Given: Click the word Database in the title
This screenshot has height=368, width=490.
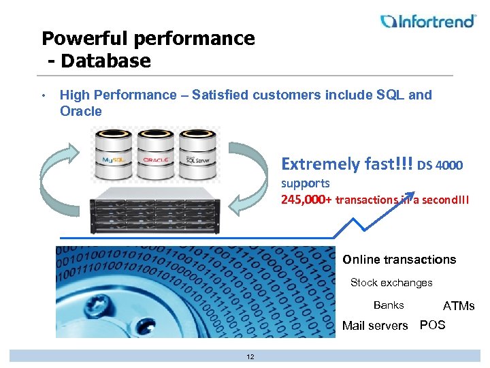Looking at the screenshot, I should coord(105,61).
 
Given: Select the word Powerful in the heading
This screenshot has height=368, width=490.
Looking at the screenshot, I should coord(83,38).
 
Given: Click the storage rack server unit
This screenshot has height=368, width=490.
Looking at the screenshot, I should coord(157,211).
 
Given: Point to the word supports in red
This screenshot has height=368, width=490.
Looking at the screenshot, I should coord(305,183).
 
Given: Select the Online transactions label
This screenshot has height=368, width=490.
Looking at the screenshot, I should coord(399,260).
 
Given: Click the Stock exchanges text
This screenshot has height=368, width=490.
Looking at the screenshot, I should coord(391,282).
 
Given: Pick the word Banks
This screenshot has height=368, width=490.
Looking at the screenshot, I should coord(389,305).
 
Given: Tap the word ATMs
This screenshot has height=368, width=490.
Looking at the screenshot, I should coord(459,306).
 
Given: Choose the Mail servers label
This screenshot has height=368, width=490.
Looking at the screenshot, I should coord(375,326).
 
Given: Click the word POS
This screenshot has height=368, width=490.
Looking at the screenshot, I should coord(433,325).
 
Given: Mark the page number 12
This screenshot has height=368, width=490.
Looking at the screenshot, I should coord(250,357).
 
